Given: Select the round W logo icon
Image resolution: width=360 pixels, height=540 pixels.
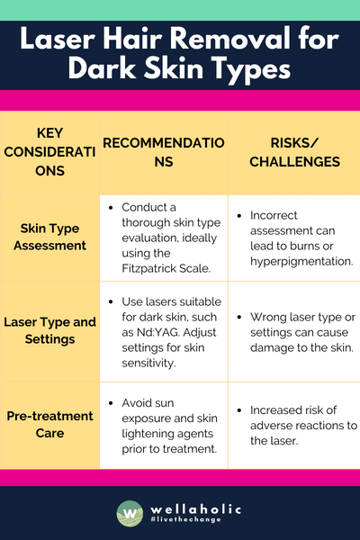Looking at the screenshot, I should (x=130, y=515).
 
